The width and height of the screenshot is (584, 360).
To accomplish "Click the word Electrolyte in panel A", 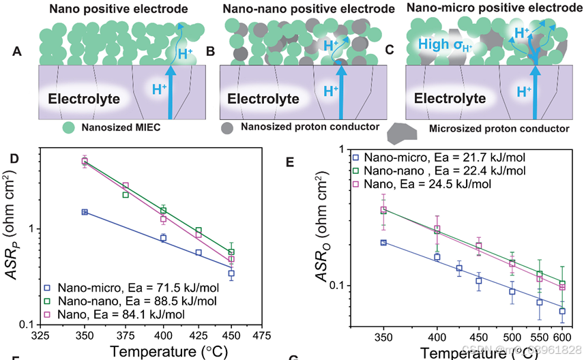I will point(84,99).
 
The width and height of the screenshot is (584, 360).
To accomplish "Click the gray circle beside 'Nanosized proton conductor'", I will point(228,127).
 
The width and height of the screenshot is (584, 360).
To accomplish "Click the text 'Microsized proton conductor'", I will point(499,127).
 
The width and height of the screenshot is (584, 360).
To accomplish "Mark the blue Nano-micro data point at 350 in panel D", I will point(85,212).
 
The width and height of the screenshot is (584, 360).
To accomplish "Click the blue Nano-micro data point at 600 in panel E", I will point(562,311).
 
